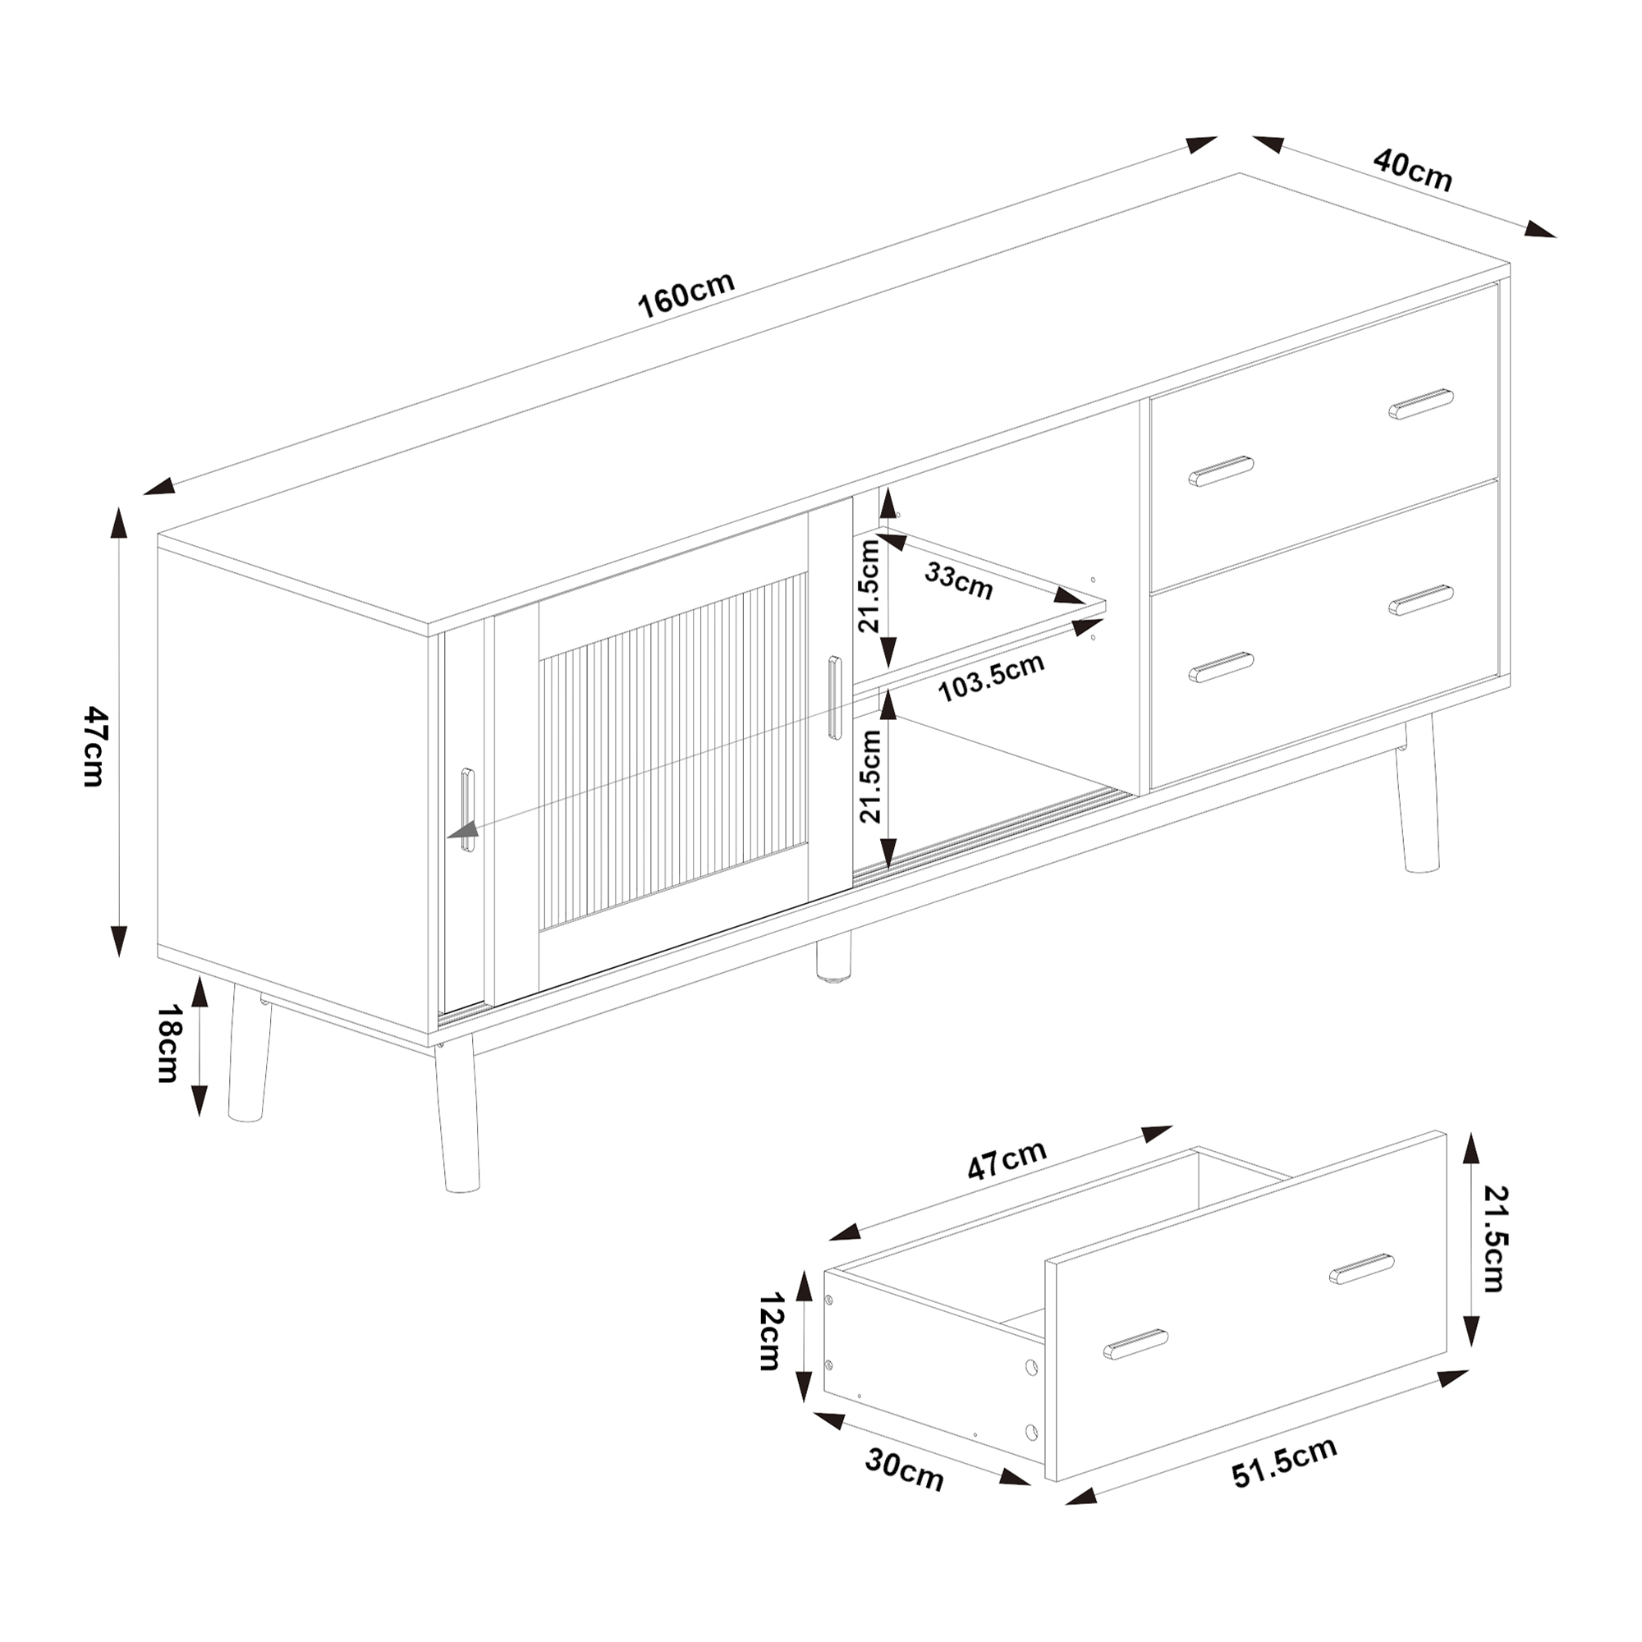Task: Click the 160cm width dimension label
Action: (686, 294)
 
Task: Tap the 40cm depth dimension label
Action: (1412, 171)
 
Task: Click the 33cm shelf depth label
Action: (959, 580)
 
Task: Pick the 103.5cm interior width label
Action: (991, 677)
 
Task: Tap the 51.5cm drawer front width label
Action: (1284, 1462)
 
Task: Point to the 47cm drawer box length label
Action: (1007, 1160)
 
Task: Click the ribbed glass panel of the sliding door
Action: (673, 752)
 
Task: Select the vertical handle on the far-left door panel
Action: (467, 810)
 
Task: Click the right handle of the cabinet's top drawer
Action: (1421, 405)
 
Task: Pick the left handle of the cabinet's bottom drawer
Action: (1222, 668)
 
